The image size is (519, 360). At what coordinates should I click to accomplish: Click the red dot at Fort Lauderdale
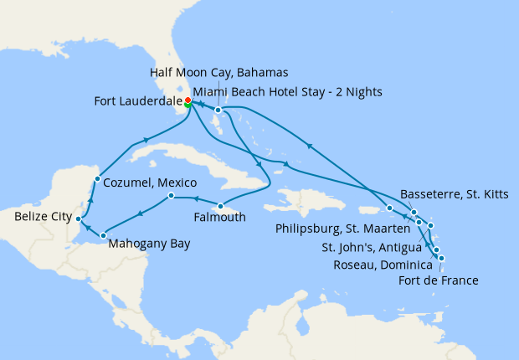coord(188,100)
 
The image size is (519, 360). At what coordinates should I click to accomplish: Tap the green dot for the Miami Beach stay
coord(188,106)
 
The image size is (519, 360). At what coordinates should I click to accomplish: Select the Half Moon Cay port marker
coord(218,110)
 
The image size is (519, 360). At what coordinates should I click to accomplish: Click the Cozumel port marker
coord(98,178)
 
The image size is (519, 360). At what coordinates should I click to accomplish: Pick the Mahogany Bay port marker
coord(103,235)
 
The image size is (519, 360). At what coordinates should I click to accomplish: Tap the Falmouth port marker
coord(220,206)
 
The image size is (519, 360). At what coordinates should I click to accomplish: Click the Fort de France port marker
coord(441,258)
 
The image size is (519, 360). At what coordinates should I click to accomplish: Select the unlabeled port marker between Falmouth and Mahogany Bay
coord(170,197)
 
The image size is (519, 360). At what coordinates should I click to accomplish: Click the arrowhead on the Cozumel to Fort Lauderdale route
coord(147,140)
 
